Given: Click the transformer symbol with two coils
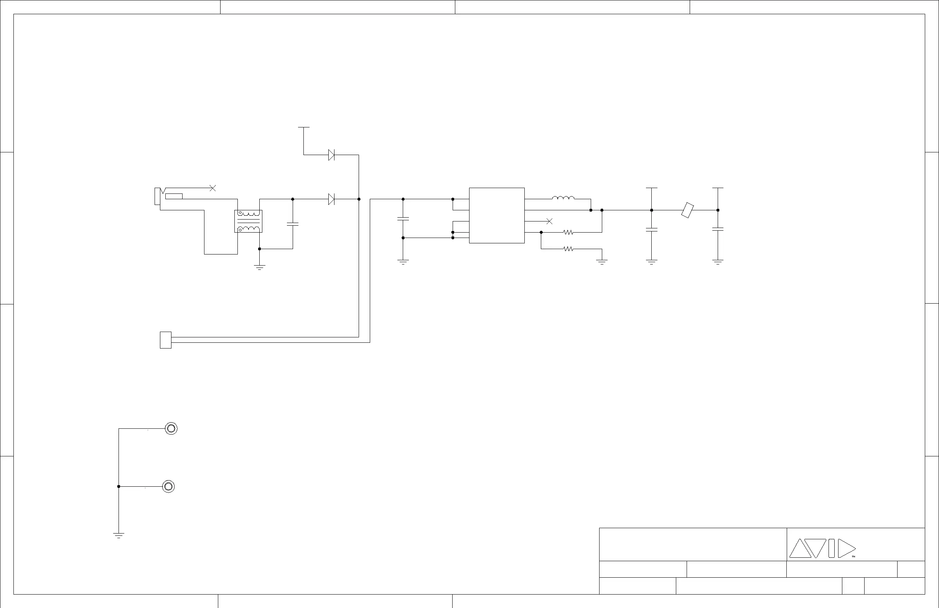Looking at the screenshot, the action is (248, 221).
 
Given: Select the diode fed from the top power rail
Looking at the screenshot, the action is (331, 155).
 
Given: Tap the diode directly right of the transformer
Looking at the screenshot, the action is (331, 199).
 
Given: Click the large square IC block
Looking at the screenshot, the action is (497, 216).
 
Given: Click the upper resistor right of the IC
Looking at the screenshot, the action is (568, 233).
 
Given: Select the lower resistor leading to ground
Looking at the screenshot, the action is (568, 249).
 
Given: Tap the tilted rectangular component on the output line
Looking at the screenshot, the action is (687, 210).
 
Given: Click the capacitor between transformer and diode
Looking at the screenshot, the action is (293, 224).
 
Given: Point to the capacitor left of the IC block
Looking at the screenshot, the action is (403, 218).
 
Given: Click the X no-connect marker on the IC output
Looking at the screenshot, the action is (549, 221).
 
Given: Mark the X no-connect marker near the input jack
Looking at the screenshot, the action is (213, 188).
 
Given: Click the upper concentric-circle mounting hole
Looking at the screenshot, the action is (171, 428).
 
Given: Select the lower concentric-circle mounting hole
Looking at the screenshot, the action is (168, 486).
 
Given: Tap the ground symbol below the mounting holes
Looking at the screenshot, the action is (119, 535).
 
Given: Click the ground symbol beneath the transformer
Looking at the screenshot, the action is (260, 267).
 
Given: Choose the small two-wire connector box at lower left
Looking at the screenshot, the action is (166, 340).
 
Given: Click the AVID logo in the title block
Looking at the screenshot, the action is (822, 549).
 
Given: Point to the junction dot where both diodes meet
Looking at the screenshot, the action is (359, 199).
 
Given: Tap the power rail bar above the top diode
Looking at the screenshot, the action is (304, 127).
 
